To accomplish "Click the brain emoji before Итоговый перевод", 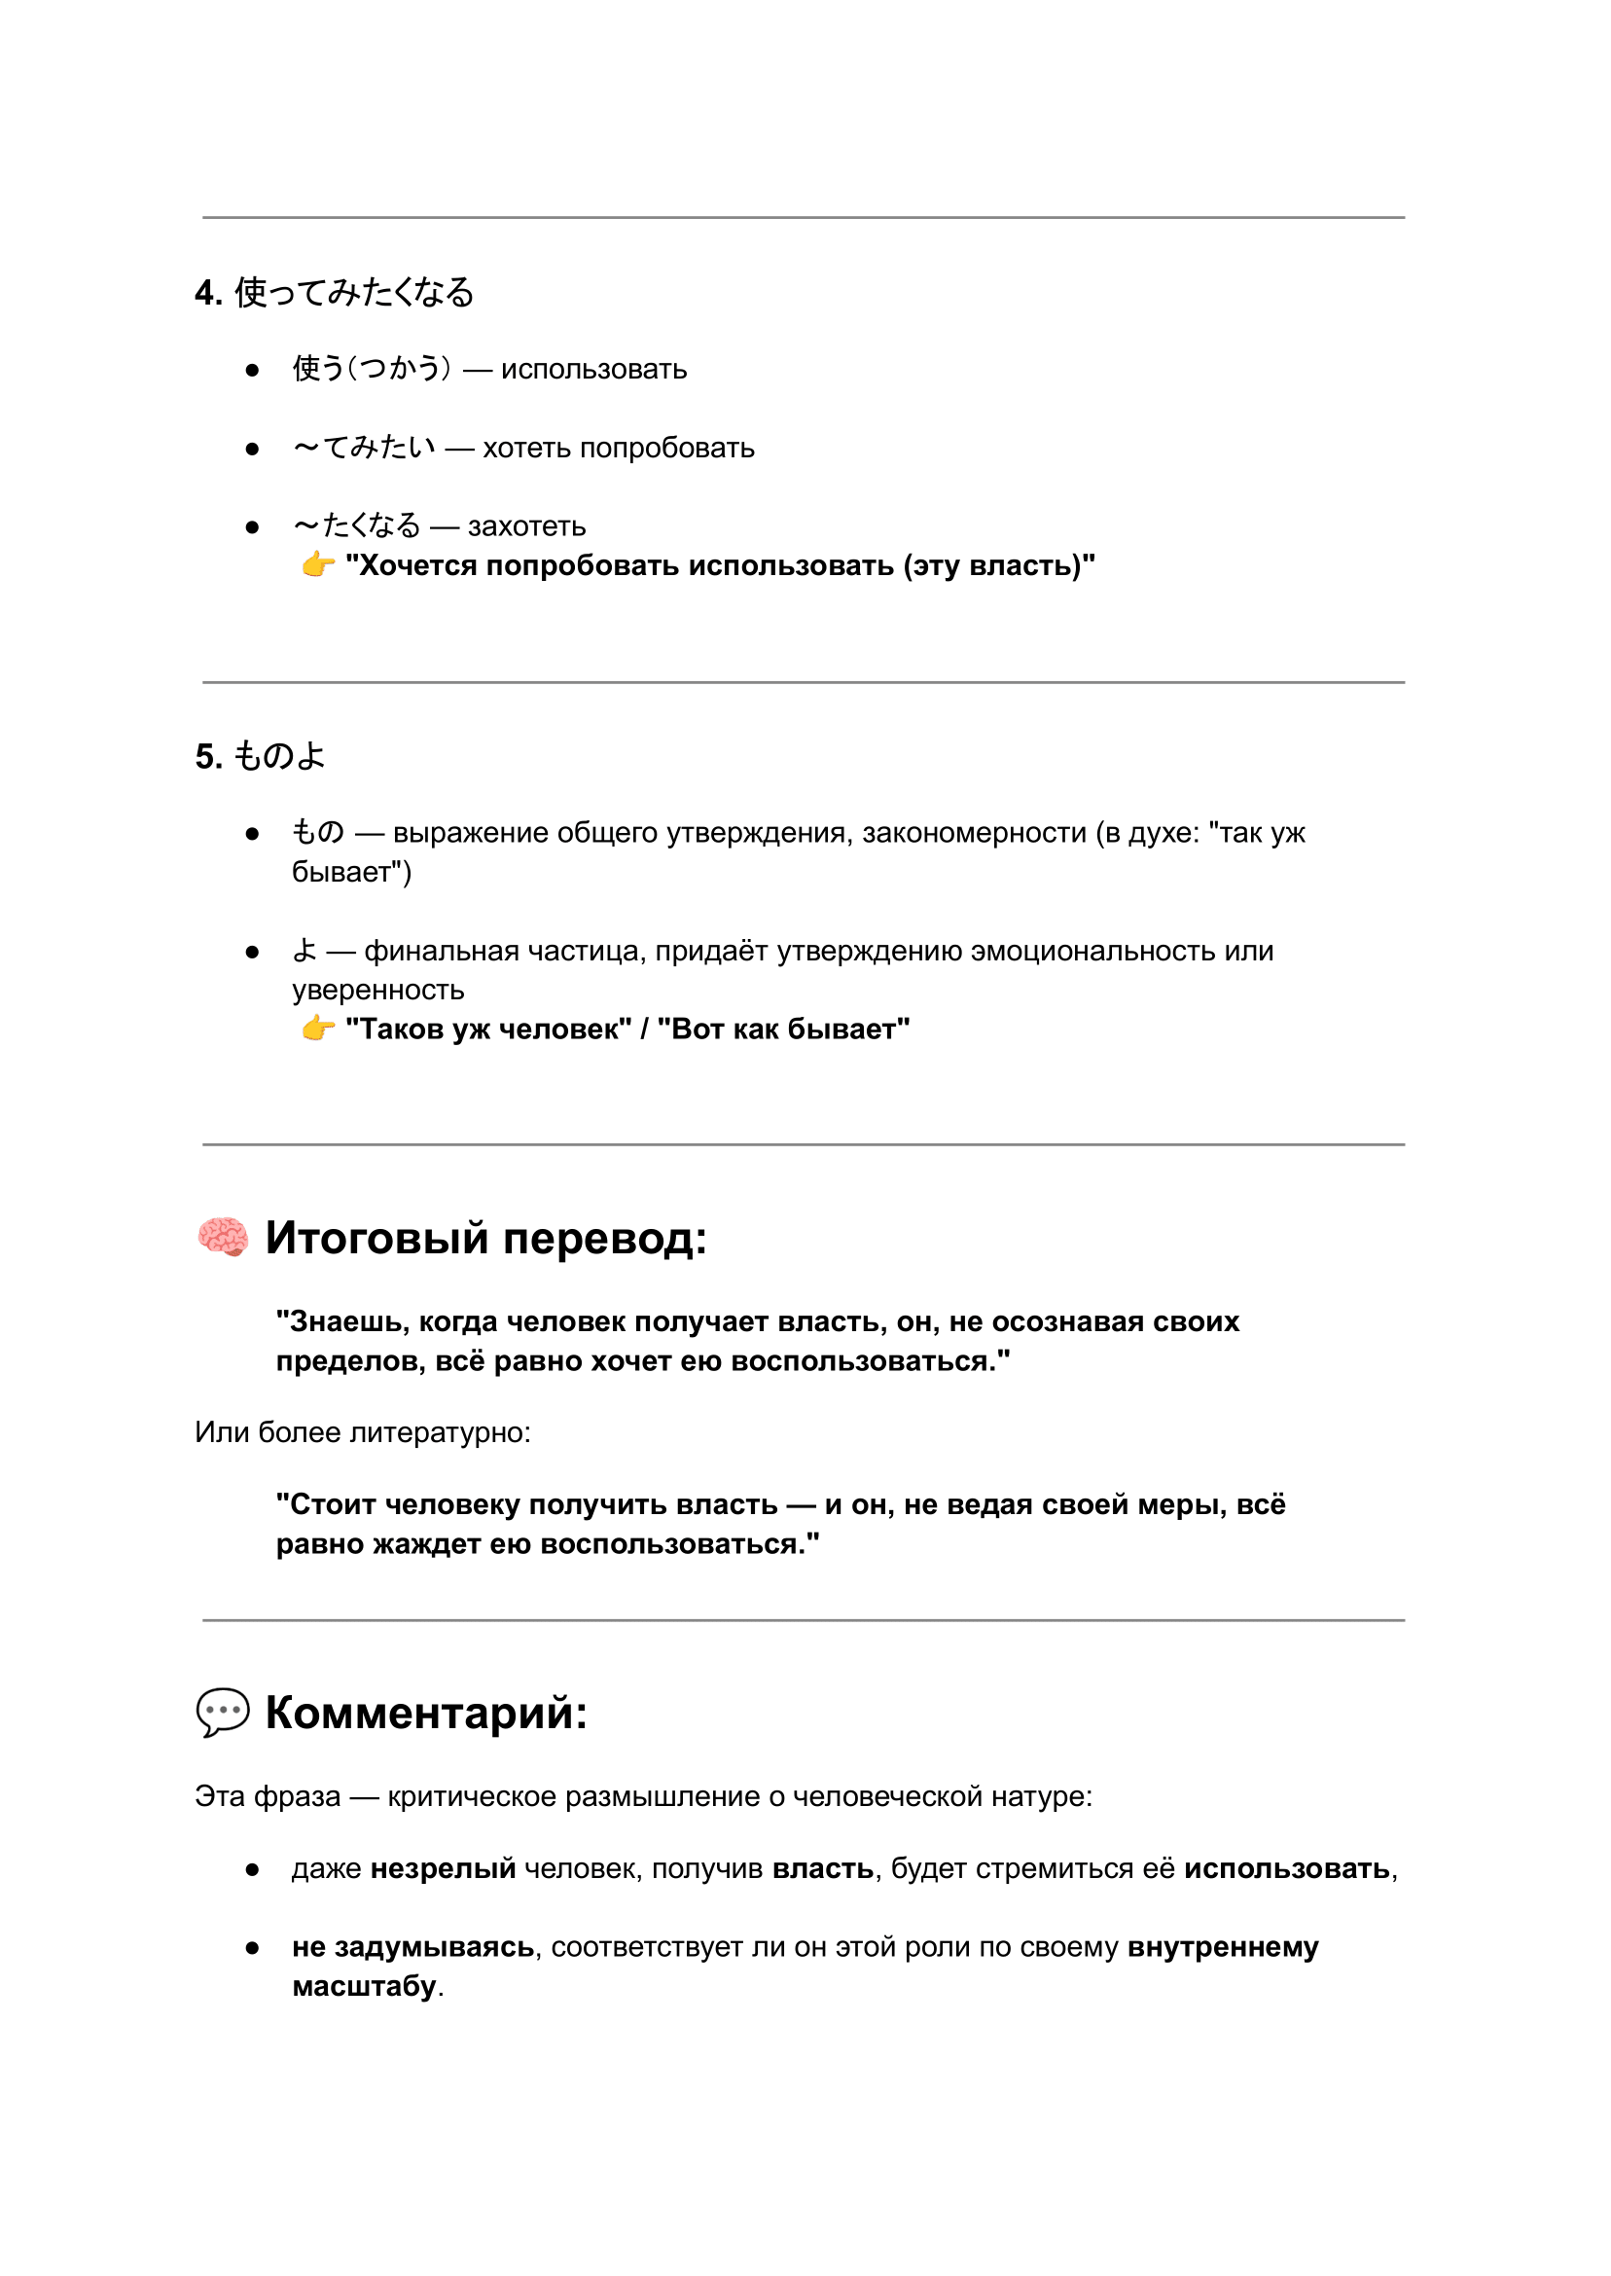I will pyautogui.click(x=223, y=1237).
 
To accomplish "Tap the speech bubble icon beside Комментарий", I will pyautogui.click(x=223, y=1712).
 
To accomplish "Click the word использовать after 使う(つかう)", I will pyautogui.click(x=593, y=370).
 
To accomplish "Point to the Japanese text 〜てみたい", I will pyautogui.click(x=364, y=449).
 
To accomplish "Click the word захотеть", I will pyautogui.click(x=526, y=526).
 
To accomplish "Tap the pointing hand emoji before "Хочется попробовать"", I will pyautogui.click(x=318, y=564).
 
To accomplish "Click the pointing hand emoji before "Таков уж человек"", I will pyautogui.click(x=318, y=1028).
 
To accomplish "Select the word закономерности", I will pyautogui.click(x=973, y=833).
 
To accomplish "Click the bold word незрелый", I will pyautogui.click(x=444, y=1869).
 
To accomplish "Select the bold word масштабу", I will pyautogui.click(x=364, y=1986).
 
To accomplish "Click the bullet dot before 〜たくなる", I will pyautogui.click(x=252, y=527).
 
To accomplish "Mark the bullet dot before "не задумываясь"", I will pyautogui.click(x=252, y=1949).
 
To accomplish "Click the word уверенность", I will pyautogui.click(x=378, y=991).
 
